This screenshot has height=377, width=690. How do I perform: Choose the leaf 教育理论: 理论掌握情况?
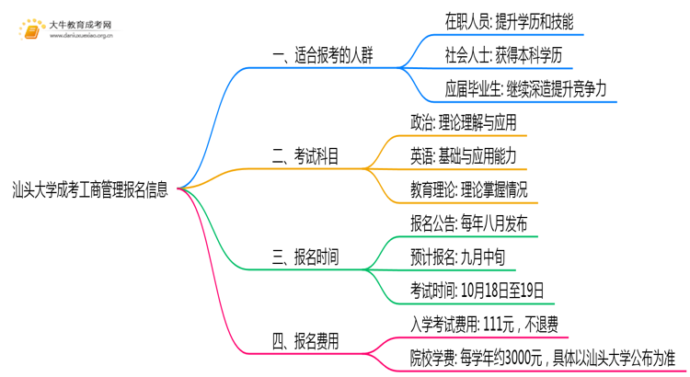(475, 190)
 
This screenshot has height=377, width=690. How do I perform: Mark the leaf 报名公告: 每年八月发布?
(469, 224)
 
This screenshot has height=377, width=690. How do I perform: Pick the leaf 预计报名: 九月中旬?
(458, 258)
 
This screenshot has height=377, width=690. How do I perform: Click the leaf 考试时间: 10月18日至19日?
(477, 292)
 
